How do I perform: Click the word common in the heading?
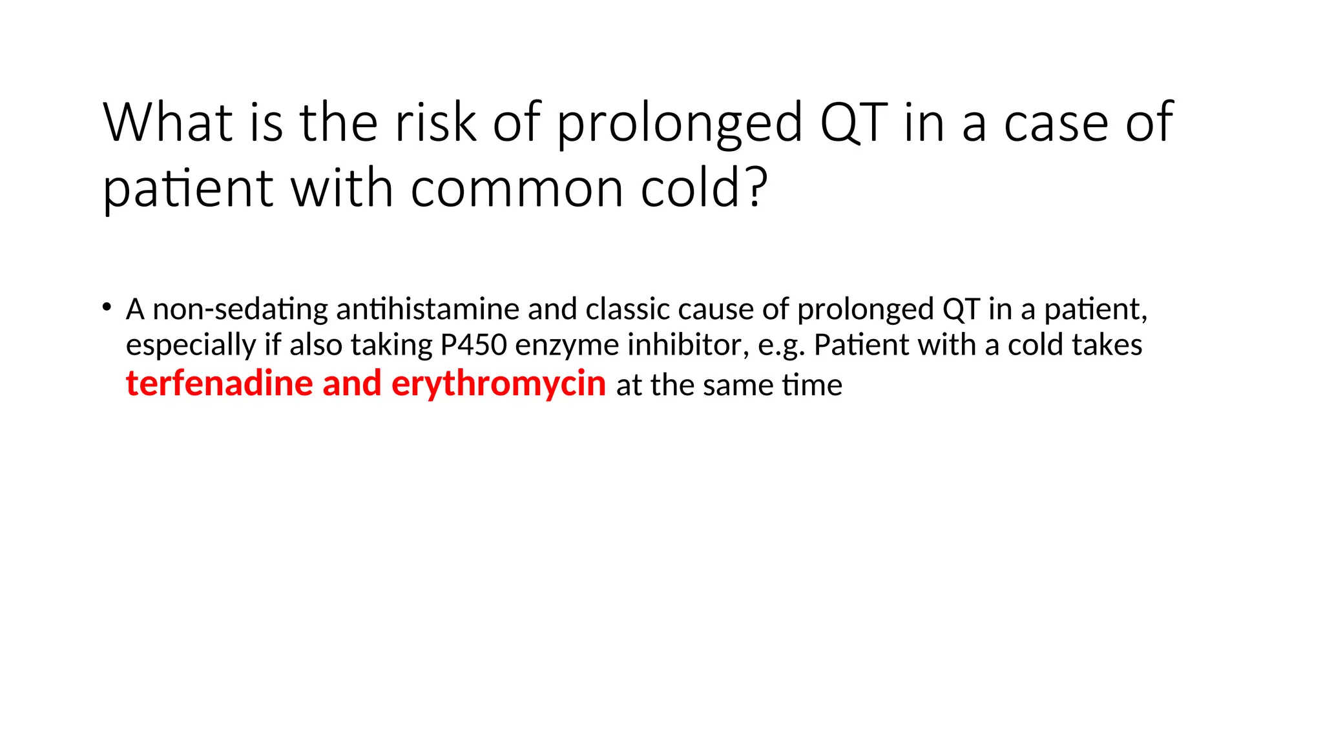[x=517, y=189]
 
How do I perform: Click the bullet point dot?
[x=107, y=307]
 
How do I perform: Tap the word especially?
[x=190, y=346]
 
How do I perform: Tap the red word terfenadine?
[x=219, y=384]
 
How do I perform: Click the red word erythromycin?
[x=499, y=384]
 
